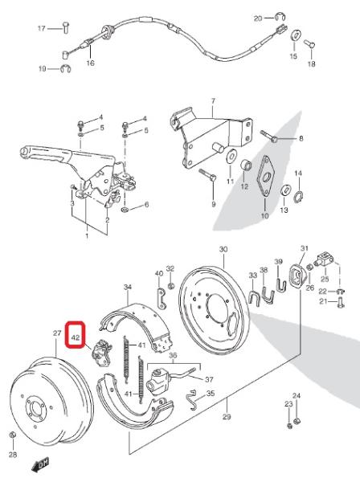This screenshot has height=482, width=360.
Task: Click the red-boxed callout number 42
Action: pos(76,337)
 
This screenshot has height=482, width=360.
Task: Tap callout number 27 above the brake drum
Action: pos(57,333)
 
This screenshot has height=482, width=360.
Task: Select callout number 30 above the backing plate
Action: pos(223,249)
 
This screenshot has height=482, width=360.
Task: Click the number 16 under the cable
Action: pos(90,63)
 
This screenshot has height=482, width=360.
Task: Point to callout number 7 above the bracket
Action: pos(214,101)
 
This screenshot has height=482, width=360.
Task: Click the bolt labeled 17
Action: pos(66,27)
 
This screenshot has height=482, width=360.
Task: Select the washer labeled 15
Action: pos(296,35)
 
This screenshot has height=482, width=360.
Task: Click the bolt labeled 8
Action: pos(269,137)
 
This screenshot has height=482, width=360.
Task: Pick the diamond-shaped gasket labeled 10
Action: pos(265,176)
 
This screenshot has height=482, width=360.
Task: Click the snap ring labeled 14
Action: pos(298,196)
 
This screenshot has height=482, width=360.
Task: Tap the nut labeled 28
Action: pos(13,435)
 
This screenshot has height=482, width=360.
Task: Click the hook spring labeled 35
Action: pos(192,399)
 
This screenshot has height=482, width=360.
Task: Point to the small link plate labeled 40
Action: pos(161,297)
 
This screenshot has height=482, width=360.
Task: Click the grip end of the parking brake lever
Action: pos(25,152)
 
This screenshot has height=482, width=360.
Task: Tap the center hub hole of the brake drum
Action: pos(37,407)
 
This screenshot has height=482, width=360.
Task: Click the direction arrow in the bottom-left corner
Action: pos(40,465)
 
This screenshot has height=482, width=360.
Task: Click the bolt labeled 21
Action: pos(340,301)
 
